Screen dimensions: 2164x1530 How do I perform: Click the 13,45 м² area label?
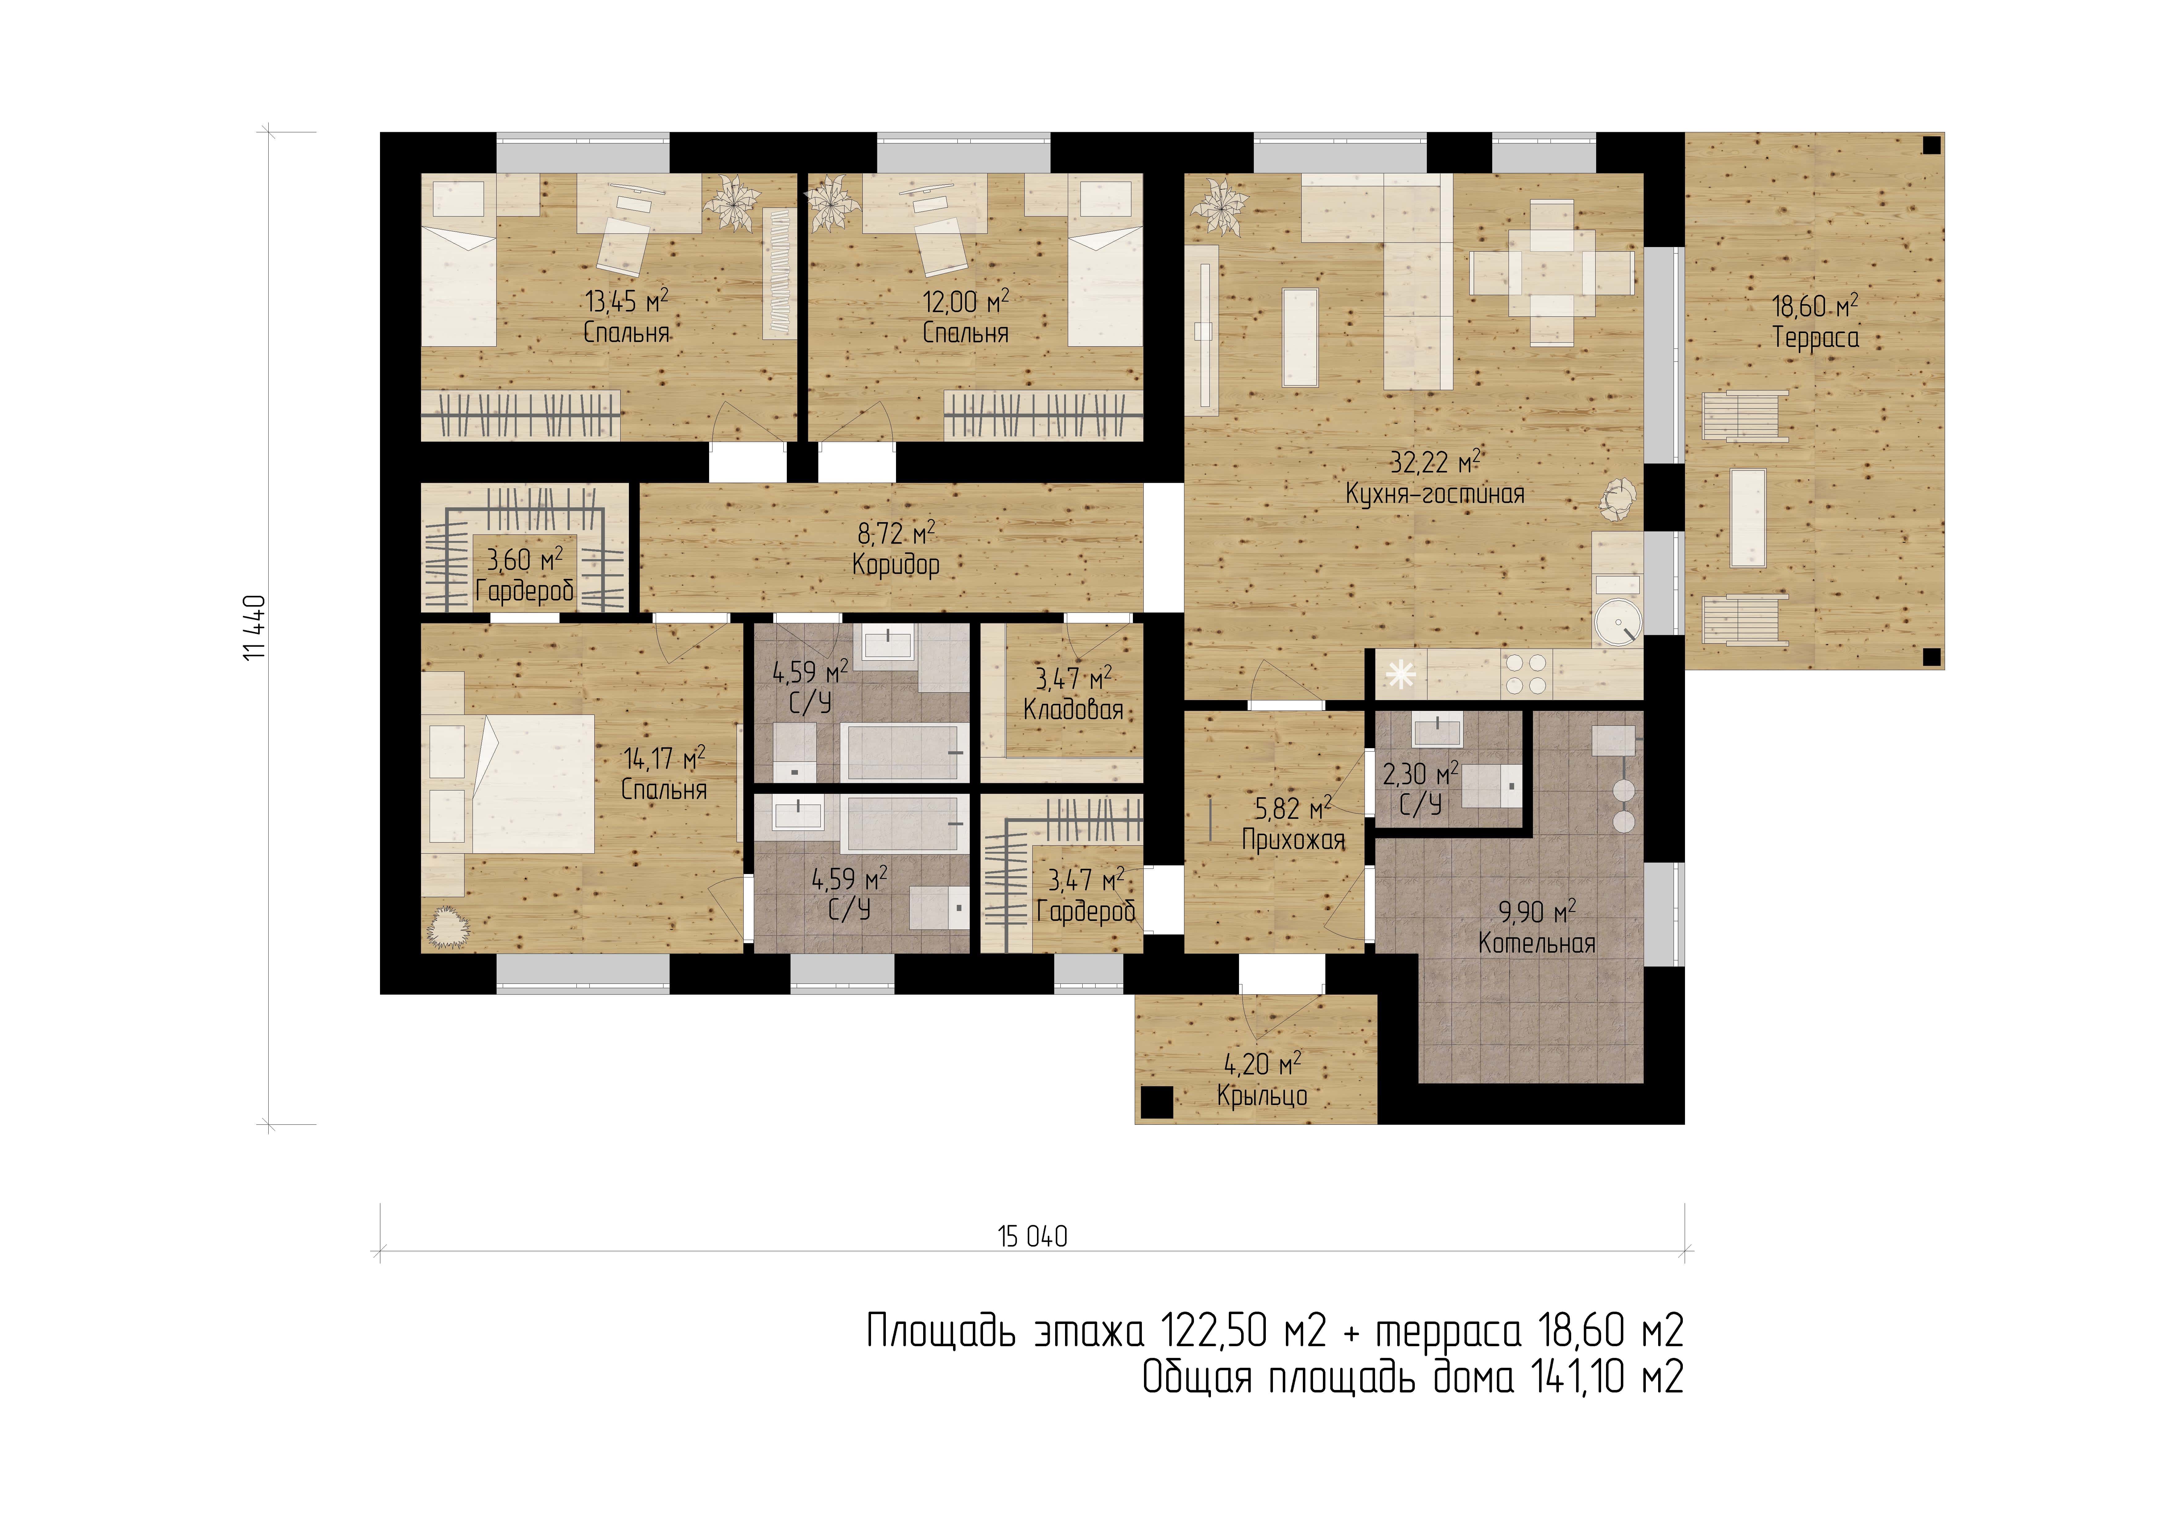[627, 302]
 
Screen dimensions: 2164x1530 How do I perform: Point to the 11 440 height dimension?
[254, 628]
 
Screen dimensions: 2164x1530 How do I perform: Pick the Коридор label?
[895, 565]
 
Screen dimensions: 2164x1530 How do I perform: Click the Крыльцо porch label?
[1262, 1095]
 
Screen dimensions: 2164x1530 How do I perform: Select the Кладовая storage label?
[1073, 709]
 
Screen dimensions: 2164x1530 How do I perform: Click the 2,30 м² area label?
[1420, 775]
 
